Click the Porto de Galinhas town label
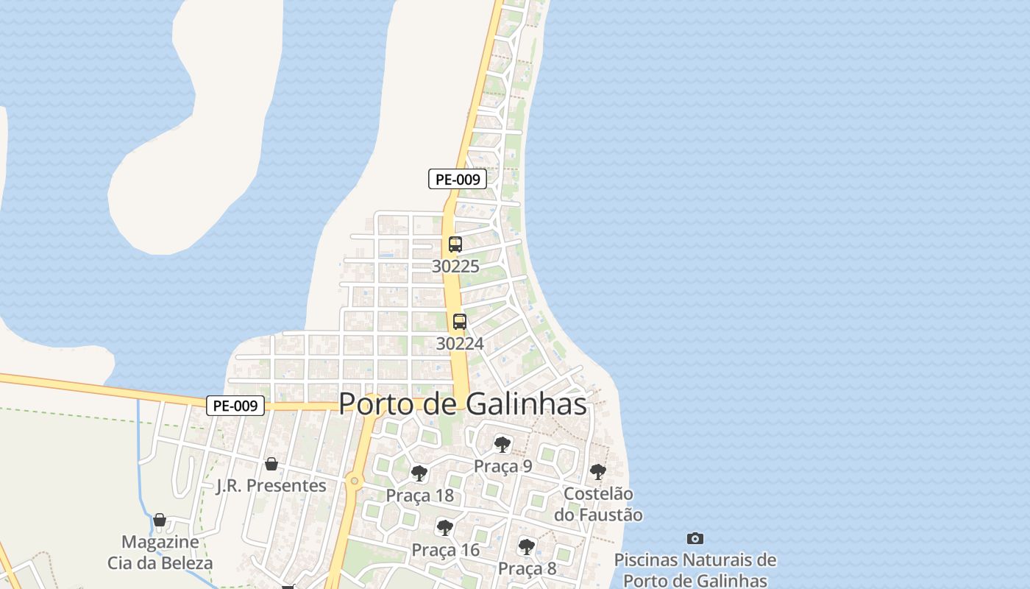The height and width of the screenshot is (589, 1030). pos(463,403)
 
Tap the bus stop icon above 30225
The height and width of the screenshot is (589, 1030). pos(455,244)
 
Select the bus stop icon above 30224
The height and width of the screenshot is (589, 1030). pos(460,322)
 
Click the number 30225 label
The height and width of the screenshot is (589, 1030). pos(455,267)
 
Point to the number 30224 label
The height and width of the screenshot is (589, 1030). pos(460,344)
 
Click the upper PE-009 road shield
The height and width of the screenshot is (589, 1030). pos(458,179)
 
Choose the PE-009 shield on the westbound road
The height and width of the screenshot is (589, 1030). pos(235,406)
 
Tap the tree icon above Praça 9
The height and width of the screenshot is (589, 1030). pos(502,444)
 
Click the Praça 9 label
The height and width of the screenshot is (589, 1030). pos(502,466)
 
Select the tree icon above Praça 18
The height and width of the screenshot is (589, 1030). pos(419,473)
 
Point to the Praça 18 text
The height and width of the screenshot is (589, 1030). pos(420,495)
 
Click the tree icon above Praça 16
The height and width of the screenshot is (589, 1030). pos(445,527)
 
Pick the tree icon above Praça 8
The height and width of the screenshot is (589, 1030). pos(527,546)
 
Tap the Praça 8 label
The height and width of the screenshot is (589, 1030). pos(528,568)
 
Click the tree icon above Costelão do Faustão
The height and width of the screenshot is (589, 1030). pos(598,471)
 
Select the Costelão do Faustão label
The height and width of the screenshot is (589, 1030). pos(598,504)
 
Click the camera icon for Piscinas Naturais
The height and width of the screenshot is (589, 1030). pos(695,539)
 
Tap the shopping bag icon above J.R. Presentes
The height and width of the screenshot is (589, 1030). pos(271,464)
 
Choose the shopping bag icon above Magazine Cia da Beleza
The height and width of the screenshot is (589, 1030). pos(160,520)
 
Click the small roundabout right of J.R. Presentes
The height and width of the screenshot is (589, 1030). pos(355,482)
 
